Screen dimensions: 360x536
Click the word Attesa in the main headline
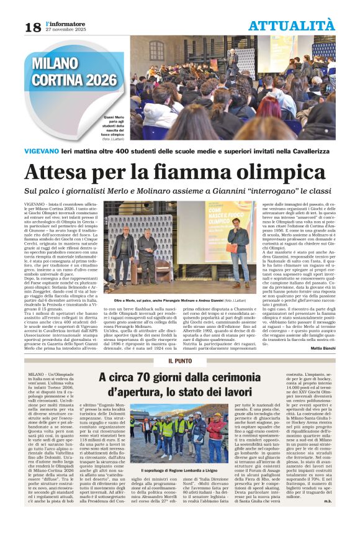click(x=64, y=172)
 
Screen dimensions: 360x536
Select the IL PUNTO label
click(x=179, y=361)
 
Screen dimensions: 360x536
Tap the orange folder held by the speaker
click(x=232, y=248)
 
